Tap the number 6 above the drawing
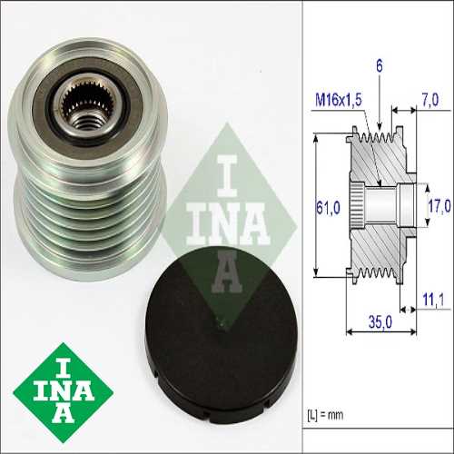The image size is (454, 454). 378,65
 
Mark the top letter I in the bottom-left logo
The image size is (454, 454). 64,360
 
